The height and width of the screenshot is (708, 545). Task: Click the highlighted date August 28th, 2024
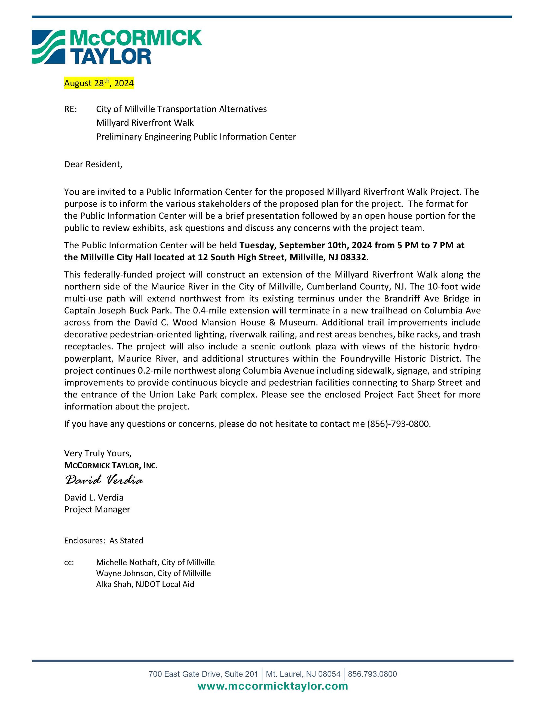[x=99, y=83]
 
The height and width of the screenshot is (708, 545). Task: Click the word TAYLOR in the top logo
[x=111, y=56]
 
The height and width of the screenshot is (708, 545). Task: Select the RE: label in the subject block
[x=71, y=109]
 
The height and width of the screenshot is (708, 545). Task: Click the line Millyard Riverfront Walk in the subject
[x=145, y=123]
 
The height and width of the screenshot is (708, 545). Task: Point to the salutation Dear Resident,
[x=93, y=164]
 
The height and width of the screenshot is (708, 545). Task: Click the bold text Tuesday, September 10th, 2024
[x=305, y=245]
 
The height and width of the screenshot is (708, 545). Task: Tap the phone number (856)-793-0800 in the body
[x=398, y=424]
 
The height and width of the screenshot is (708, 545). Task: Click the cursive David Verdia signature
[x=104, y=480]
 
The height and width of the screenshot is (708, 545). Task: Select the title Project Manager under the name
[x=97, y=509]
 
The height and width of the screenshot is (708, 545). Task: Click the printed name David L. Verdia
[x=94, y=497]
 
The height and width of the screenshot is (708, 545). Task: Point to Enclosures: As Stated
[x=103, y=541]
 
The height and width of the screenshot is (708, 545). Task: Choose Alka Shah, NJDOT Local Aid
[x=145, y=584]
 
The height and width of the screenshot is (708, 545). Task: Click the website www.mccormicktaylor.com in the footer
[x=272, y=686]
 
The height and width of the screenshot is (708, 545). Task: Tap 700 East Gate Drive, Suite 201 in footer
[x=203, y=674]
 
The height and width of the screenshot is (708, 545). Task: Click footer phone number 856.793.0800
[x=372, y=674]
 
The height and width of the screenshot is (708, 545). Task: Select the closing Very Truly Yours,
[x=97, y=453]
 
